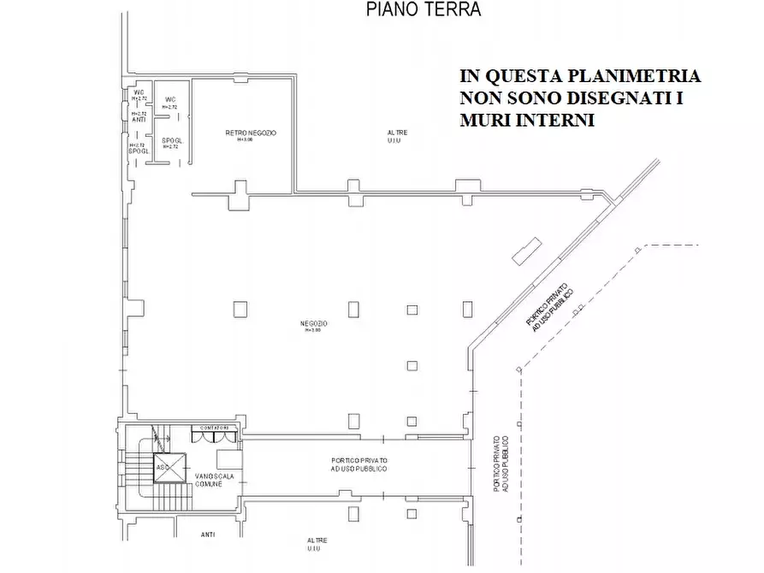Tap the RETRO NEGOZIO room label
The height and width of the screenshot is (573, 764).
tap(251, 133)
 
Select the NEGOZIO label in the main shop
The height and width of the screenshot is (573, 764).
tap(314, 323)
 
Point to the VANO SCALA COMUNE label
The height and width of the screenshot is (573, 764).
tap(208, 480)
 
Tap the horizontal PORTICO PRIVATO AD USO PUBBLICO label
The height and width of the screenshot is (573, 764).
tap(359, 465)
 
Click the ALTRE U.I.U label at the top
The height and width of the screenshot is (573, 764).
tap(397, 136)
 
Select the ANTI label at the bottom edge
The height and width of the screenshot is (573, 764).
tap(208, 535)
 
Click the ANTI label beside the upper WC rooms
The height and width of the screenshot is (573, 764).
tap(139, 120)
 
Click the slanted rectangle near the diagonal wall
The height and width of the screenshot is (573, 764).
tap(523, 250)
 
